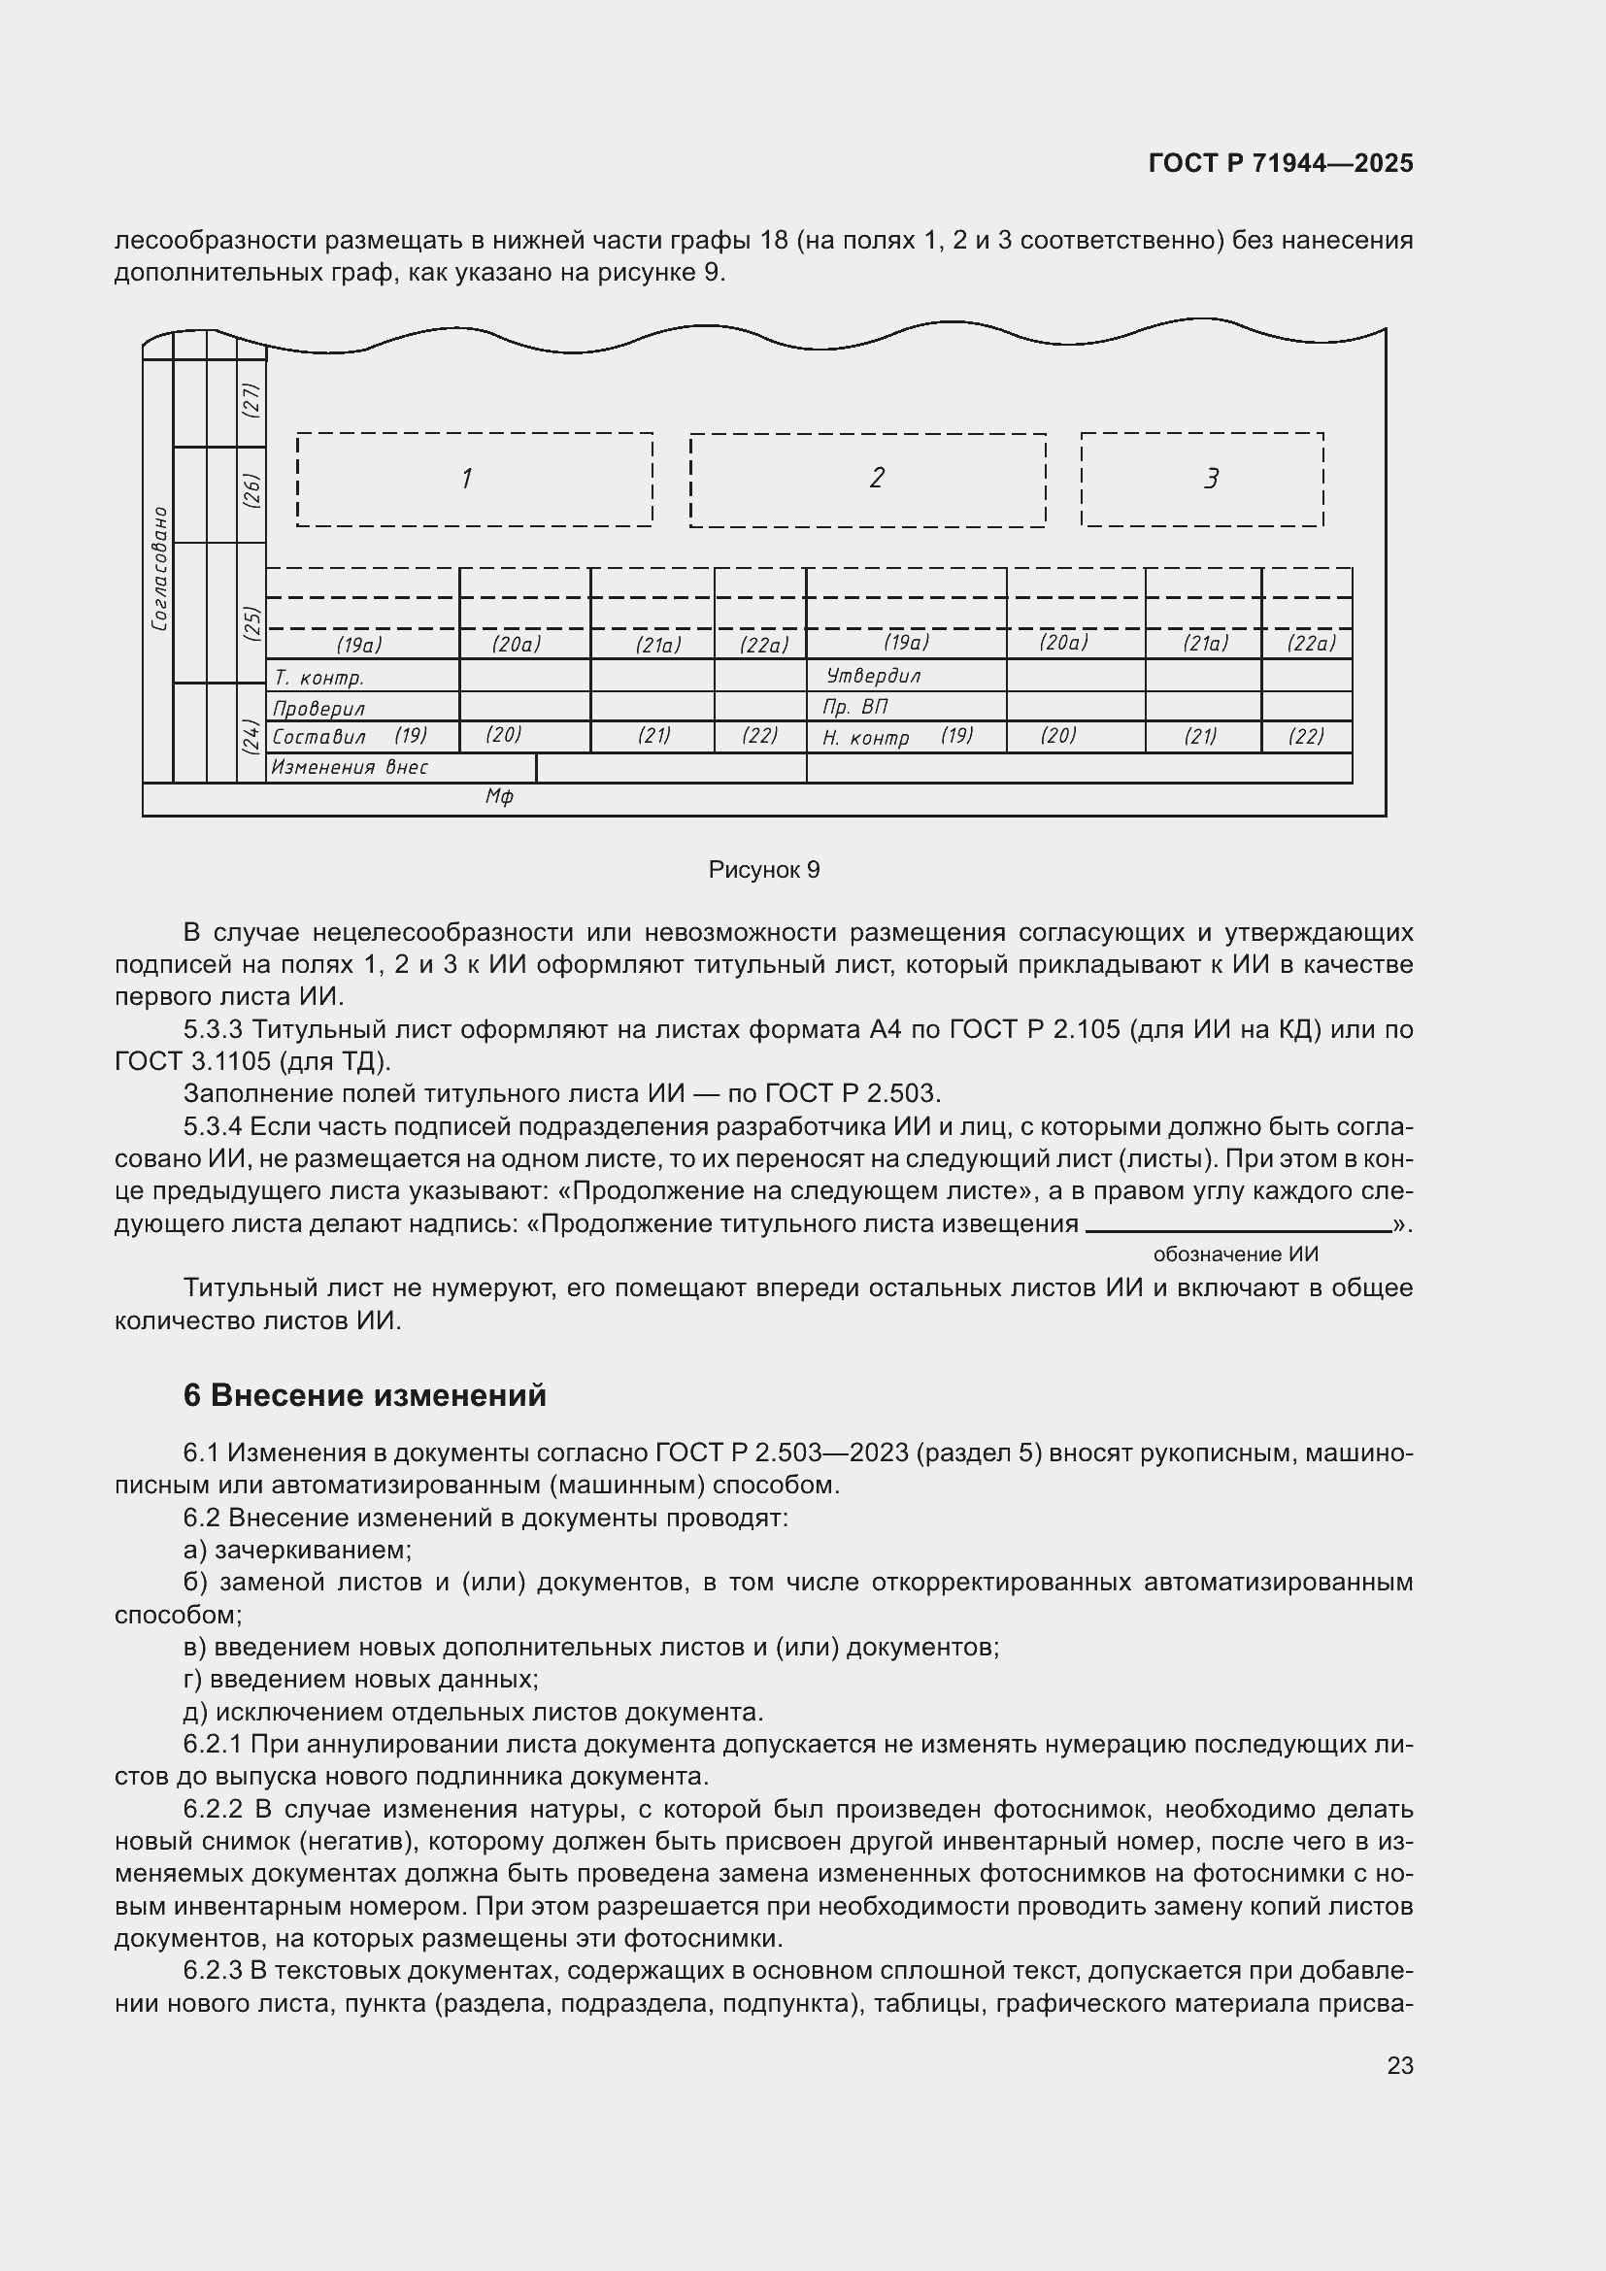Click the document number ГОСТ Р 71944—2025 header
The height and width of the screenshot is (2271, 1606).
click(1281, 163)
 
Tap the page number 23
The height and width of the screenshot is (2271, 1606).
click(1399, 2065)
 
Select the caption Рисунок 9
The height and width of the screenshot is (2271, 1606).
click(763, 869)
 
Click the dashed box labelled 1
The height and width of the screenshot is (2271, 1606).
click(474, 479)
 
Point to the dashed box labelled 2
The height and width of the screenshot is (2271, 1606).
click(867, 479)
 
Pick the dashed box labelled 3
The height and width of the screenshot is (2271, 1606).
click(1201, 479)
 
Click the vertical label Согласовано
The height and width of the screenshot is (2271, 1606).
click(159, 569)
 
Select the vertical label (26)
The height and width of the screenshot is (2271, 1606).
click(252, 490)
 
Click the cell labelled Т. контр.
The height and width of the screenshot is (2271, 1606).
click(319, 678)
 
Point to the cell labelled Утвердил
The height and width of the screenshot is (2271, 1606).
click(873, 676)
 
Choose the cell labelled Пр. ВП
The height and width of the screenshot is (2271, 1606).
click(854, 706)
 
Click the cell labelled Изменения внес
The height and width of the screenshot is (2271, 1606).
click(351, 768)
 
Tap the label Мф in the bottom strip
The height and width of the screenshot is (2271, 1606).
click(498, 797)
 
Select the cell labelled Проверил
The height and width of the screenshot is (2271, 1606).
click(318, 708)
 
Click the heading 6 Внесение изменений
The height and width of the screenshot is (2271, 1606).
click(364, 1394)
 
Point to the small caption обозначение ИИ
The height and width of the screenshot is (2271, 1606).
click(1235, 1254)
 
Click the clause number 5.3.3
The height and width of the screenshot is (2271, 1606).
click(213, 1029)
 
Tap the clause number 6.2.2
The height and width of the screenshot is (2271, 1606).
click(213, 1809)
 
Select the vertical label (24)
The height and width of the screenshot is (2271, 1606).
click(252, 736)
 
